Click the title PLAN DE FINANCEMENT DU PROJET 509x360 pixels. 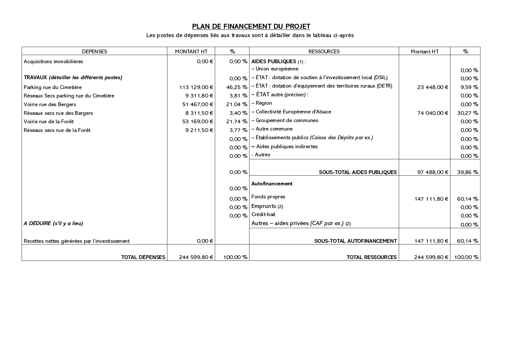click(251, 26)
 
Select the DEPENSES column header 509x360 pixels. click(95, 52)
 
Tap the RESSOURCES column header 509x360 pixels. click(324, 52)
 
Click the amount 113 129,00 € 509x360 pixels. click(196, 87)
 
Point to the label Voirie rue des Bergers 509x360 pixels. click(50, 104)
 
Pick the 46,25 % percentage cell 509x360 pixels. click(237, 87)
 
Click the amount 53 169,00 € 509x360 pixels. click(196, 122)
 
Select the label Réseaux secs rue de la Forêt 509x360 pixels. click(57, 130)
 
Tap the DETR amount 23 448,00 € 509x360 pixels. click(433, 87)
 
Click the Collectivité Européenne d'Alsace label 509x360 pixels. click(293, 112)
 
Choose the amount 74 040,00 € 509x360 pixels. click(433, 113)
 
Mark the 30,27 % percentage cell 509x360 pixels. click(468, 113)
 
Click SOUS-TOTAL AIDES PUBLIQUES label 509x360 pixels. click(358, 172)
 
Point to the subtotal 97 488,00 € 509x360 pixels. click(433, 172)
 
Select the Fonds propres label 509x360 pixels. click(268, 197)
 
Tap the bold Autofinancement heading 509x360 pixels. click(272, 184)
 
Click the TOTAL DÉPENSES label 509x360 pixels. click(143, 257)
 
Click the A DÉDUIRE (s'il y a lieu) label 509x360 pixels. click(53, 223)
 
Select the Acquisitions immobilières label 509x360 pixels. click(53, 61)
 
